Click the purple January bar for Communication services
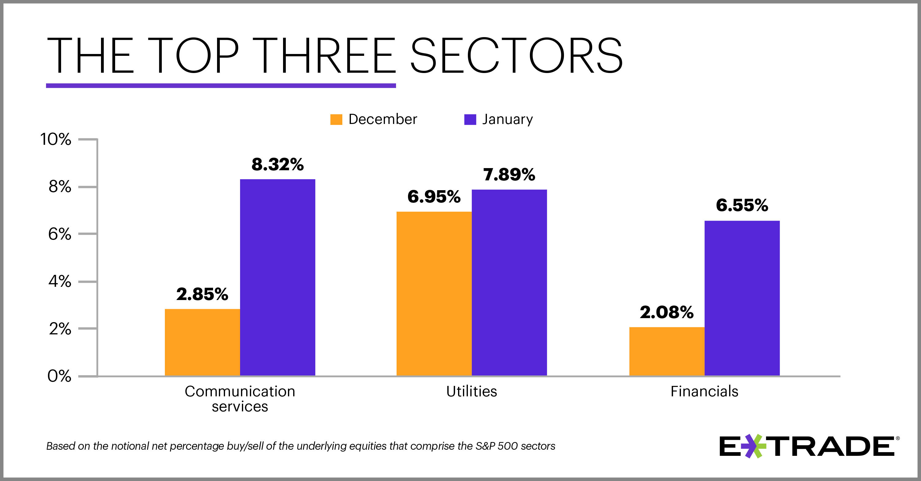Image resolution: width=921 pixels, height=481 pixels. click(x=278, y=277)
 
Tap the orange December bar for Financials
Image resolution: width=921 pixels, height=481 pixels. click(x=666, y=351)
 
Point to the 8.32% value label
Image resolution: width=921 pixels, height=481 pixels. click(x=278, y=164)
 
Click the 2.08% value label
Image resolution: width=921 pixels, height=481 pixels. click(x=666, y=312)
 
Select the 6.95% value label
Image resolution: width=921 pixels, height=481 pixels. click(x=434, y=197)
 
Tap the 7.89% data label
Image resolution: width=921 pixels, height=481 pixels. click(x=509, y=175)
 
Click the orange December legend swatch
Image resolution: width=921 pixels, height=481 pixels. click(x=336, y=119)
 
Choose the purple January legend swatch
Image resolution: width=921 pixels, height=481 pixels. click(x=470, y=119)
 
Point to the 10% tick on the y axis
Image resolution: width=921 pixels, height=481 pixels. click(x=56, y=139)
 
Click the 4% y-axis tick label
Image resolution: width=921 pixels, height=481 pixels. click(x=60, y=282)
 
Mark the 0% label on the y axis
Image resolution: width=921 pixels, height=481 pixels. click(x=59, y=376)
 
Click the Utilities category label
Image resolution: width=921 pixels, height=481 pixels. click(x=471, y=391)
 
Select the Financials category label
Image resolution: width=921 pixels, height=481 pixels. click(x=704, y=391)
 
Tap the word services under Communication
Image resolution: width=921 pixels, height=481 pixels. click(x=239, y=407)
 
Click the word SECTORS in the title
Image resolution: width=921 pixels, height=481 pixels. click(x=516, y=56)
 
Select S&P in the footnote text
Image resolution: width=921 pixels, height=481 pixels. click(x=485, y=446)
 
